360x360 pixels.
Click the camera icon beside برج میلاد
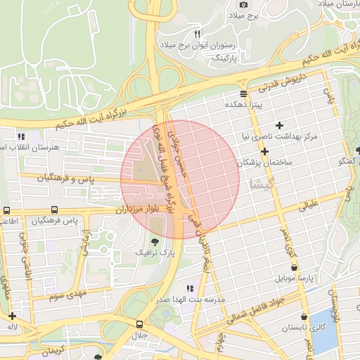244,4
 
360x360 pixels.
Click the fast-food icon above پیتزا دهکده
243,94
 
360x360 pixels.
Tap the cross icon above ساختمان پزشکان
264,151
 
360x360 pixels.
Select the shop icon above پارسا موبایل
294,267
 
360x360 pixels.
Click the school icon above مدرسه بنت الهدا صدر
189,288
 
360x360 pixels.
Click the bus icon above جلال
139,325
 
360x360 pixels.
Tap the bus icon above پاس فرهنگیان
54,210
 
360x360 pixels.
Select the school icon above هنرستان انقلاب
22,136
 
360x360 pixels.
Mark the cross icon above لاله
12,316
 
